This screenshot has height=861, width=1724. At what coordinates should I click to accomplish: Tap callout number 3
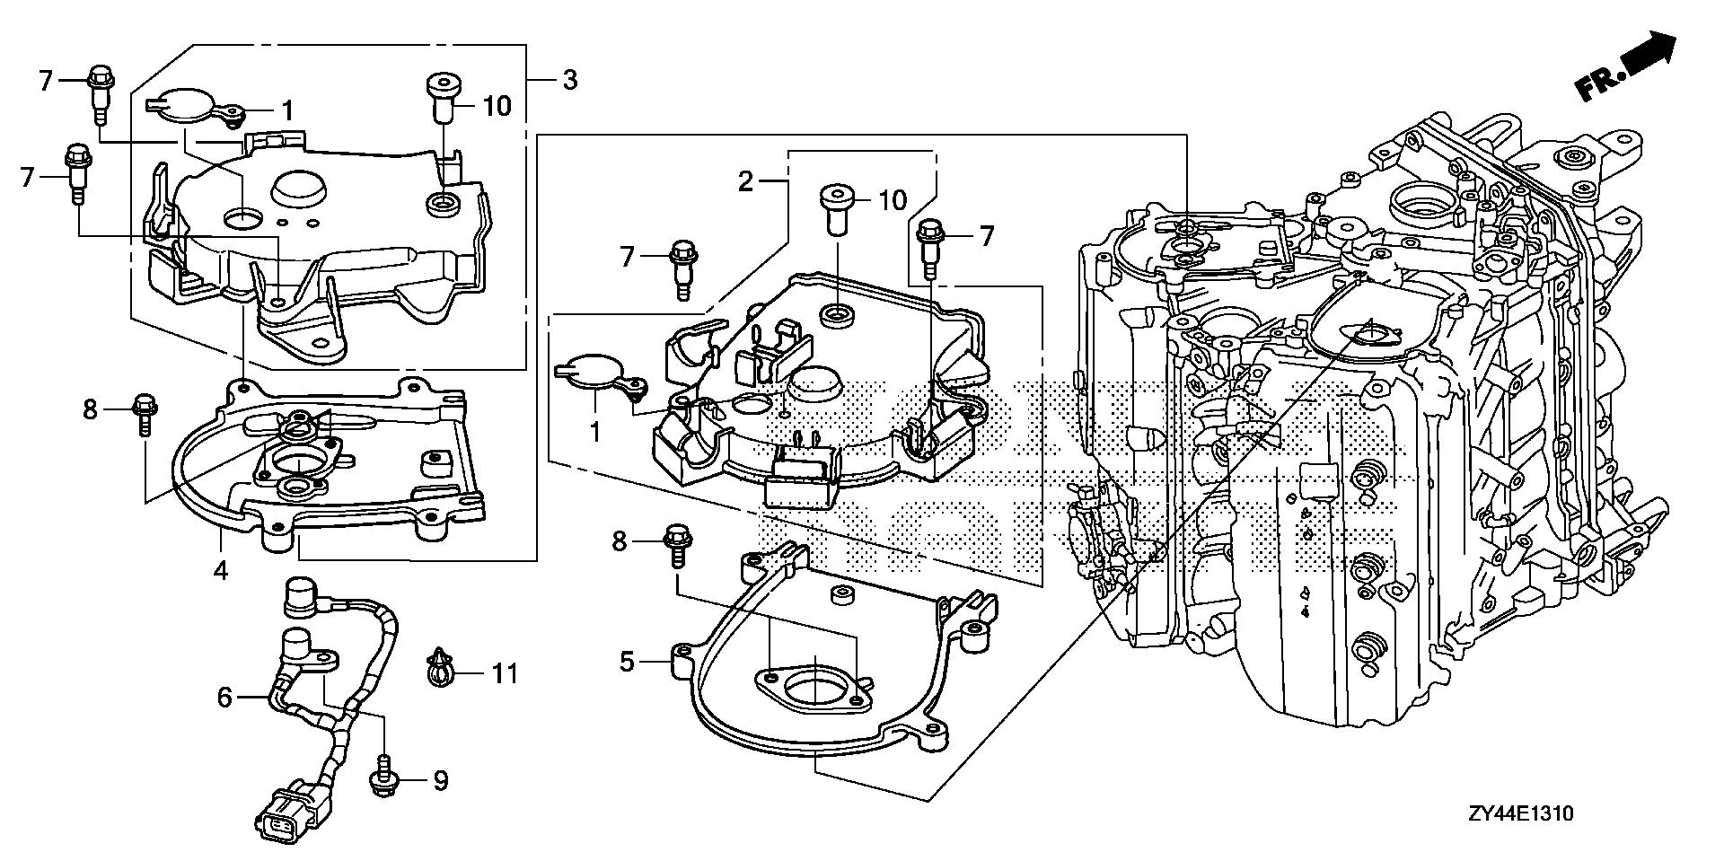point(569,80)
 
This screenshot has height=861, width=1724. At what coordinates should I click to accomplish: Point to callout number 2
point(744,181)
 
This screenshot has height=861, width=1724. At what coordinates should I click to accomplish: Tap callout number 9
point(439,781)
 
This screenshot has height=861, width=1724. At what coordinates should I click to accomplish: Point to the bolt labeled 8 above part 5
point(675,547)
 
